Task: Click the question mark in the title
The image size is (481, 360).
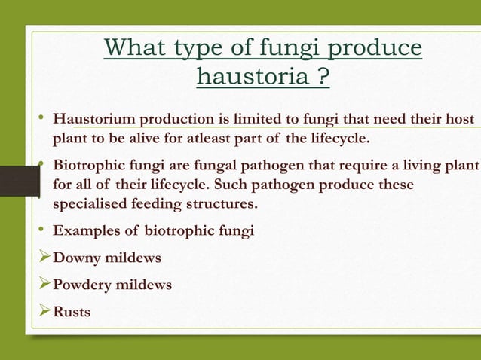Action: (x=323, y=76)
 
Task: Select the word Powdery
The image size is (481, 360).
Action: (x=78, y=285)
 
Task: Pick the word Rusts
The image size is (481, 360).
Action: (x=72, y=312)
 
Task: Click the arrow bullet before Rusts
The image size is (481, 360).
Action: (x=44, y=311)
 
